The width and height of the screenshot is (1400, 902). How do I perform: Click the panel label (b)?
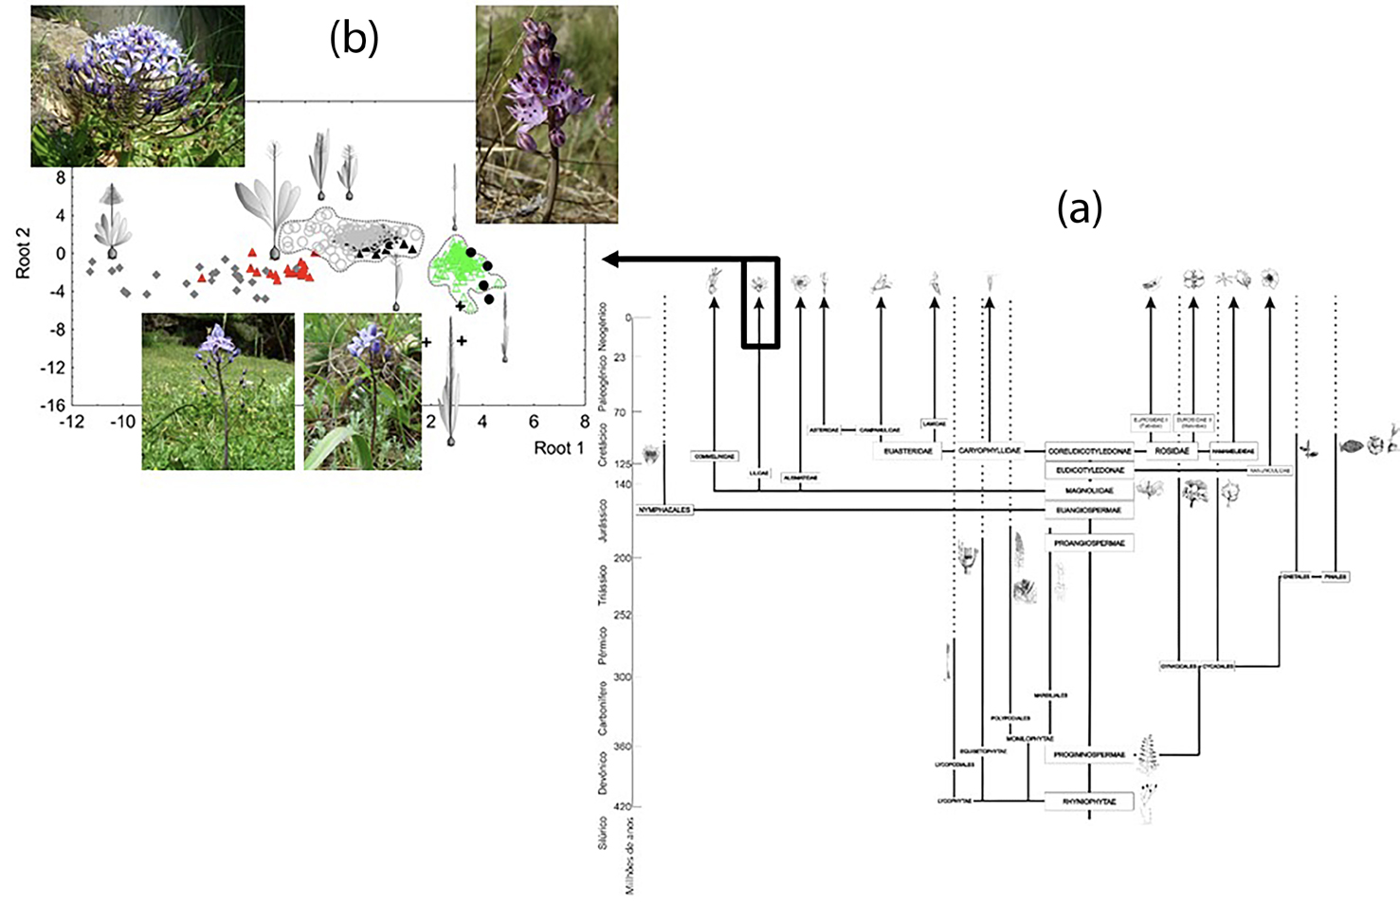(x=354, y=38)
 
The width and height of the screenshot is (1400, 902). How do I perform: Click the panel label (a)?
(x=1080, y=207)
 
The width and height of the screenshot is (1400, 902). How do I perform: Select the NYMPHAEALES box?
(x=664, y=510)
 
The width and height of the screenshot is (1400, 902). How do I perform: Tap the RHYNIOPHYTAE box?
(x=1089, y=802)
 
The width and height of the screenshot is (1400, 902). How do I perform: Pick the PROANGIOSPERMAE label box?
(x=1089, y=543)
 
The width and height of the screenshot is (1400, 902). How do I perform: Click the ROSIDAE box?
(x=1172, y=451)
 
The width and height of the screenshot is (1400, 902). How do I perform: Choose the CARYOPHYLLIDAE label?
(x=990, y=451)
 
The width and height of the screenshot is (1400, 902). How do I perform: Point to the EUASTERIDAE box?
(x=908, y=451)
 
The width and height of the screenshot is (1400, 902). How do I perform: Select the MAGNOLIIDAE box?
(x=1089, y=491)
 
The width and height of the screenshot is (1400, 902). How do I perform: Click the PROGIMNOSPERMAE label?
(x=1089, y=755)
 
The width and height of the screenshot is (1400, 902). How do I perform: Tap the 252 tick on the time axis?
(x=622, y=615)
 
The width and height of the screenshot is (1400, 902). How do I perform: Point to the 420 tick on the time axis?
(x=622, y=806)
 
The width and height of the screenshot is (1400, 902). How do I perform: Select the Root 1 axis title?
(x=558, y=448)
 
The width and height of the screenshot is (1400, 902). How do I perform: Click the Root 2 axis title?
(x=24, y=252)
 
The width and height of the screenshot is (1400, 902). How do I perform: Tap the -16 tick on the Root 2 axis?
(x=53, y=406)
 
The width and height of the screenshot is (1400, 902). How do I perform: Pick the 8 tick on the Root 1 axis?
(x=585, y=422)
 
